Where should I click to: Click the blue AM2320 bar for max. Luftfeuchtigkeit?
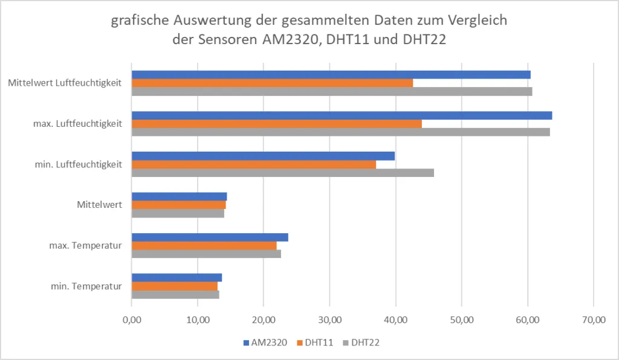click(x=342, y=115)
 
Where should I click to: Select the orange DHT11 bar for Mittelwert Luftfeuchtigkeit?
click(x=272, y=83)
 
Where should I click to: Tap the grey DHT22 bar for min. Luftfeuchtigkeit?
click(x=282, y=173)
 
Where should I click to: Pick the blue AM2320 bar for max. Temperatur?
click(x=210, y=237)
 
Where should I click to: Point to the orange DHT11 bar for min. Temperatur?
click(x=174, y=286)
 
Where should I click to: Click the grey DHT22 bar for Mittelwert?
click(x=178, y=213)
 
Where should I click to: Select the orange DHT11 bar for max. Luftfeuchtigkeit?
click(x=276, y=124)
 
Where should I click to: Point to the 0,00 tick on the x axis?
click(x=131, y=320)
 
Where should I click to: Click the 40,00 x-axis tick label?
click(x=395, y=320)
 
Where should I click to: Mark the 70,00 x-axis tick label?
click(x=593, y=320)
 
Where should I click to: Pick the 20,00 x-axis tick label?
click(x=264, y=320)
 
